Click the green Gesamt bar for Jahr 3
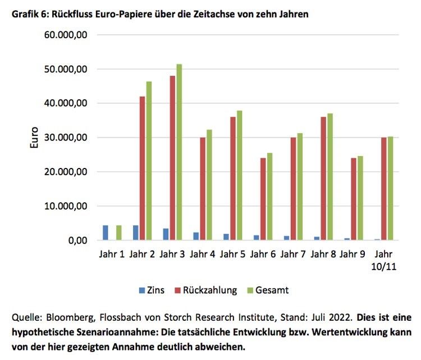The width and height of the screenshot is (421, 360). click(x=179, y=152)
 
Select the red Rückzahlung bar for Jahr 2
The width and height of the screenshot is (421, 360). click(x=143, y=168)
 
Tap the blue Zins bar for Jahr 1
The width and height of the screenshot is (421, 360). click(x=106, y=233)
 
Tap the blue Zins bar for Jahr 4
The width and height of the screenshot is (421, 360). click(x=196, y=236)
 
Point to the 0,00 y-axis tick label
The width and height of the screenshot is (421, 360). click(x=75, y=240)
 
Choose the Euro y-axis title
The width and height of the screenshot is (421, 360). click(x=34, y=138)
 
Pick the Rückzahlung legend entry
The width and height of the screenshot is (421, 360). click(x=205, y=290)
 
